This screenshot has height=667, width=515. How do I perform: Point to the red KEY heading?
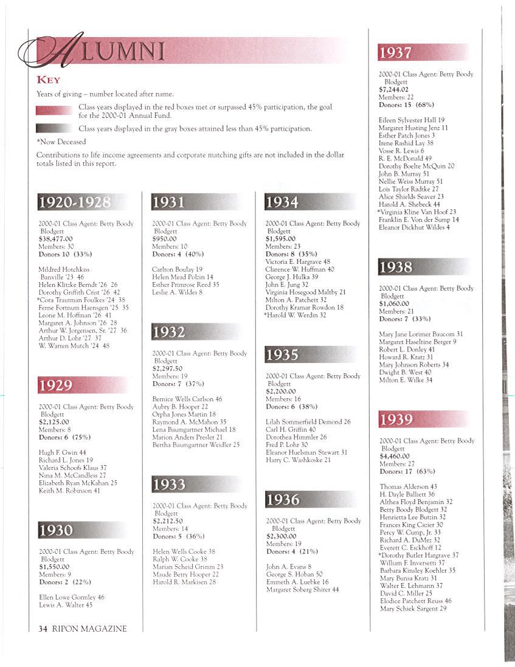pyautogui.click(x=48, y=80)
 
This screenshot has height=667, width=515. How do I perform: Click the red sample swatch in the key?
pyautogui.click(x=54, y=111)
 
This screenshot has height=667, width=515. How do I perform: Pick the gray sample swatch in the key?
pyautogui.click(x=54, y=128)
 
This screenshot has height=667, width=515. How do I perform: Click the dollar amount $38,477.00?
pyautogui.click(x=55, y=239)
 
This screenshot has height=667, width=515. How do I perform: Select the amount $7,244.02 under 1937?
pyautogui.click(x=393, y=89)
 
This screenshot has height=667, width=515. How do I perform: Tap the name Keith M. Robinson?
pyautogui.click(x=69, y=491)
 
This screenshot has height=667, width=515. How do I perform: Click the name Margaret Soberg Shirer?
pyautogui.click(x=302, y=590)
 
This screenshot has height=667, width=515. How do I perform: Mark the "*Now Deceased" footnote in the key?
pyautogui.click(x=61, y=142)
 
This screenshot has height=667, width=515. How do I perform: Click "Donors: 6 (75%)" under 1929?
pyautogui.click(x=64, y=437)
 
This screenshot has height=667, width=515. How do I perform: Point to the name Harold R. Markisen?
pyautogui.click(x=184, y=582)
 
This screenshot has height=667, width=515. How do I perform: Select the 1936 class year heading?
pyautogui.click(x=283, y=500)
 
